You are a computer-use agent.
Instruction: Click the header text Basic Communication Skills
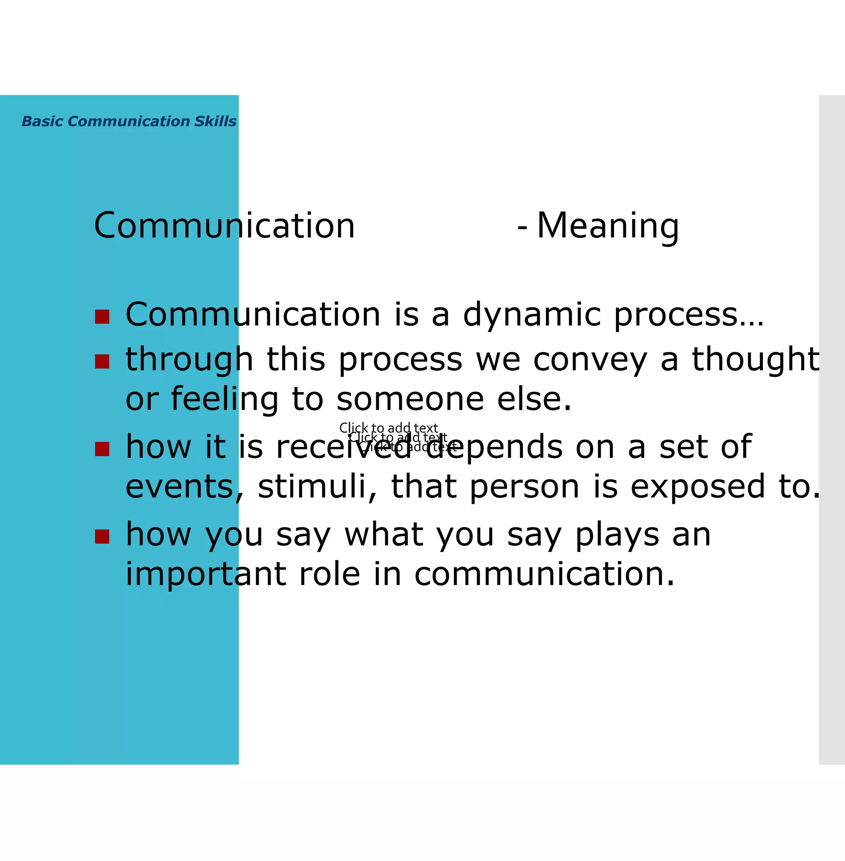click(129, 121)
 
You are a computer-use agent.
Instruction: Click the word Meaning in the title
click(608, 226)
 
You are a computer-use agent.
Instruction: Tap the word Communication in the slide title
click(224, 226)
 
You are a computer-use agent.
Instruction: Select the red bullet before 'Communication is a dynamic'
click(102, 317)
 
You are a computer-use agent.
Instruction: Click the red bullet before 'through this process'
click(102, 361)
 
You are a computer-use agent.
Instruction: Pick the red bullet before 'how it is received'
click(102, 449)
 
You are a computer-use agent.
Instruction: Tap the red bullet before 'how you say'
click(102, 536)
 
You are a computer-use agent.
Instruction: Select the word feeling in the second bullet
click(224, 399)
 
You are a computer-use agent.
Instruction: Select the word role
click(329, 574)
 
